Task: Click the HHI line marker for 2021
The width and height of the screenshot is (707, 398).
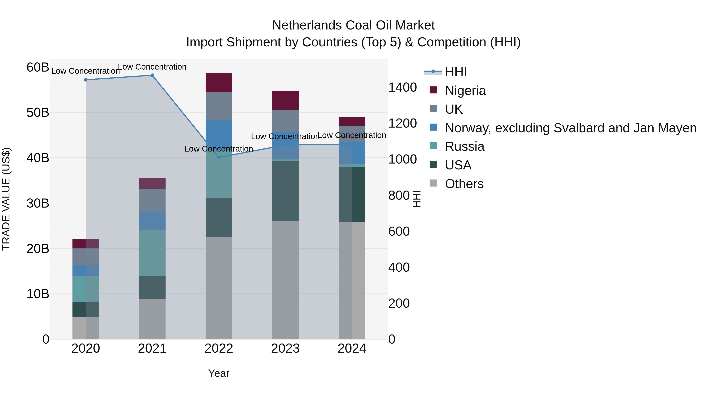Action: pyautogui.click(x=152, y=75)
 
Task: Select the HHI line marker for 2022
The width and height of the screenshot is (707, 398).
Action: pyautogui.click(x=219, y=157)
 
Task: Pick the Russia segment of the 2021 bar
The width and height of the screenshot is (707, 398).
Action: pyautogui.click(x=152, y=253)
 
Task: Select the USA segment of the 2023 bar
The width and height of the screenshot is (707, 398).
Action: pyautogui.click(x=285, y=191)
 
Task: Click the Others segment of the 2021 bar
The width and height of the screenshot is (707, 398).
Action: pyautogui.click(x=152, y=319)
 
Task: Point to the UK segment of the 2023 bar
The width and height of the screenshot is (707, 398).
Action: pyautogui.click(x=285, y=121)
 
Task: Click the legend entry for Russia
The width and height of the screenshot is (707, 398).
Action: pyautogui.click(x=464, y=146)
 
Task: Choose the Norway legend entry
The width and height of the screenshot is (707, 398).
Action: pyautogui.click(x=570, y=128)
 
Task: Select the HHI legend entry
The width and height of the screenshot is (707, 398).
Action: pyautogui.click(x=456, y=72)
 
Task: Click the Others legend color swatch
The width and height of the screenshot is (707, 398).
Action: pyautogui.click(x=433, y=183)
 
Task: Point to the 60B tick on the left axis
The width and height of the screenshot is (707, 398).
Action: pyautogui.click(x=38, y=67)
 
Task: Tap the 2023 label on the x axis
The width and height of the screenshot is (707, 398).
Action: pyautogui.click(x=285, y=348)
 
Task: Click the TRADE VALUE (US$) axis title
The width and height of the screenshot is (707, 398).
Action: pyautogui.click(x=6, y=199)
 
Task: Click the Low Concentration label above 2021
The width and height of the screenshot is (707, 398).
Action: pyautogui.click(x=152, y=67)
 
